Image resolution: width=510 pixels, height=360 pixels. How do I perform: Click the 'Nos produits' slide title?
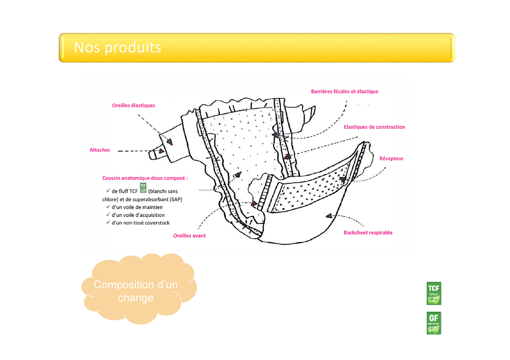pos(117,48)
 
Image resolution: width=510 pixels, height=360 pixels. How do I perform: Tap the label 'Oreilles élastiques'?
pos(133,106)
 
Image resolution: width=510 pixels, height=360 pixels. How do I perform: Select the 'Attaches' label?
pos(99,150)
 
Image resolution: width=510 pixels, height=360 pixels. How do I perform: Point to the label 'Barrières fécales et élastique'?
pos(344,92)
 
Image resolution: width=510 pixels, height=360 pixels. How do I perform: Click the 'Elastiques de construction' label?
pos(374,127)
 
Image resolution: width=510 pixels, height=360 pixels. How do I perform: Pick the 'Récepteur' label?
pos(391,159)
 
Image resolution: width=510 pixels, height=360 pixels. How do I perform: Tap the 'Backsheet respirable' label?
pos(368,233)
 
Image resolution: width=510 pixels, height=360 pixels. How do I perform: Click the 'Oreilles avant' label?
pos(189,236)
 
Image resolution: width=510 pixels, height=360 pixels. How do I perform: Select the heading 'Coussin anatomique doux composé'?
pos(145,178)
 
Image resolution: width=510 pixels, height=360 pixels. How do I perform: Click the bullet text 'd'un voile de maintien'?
pos(137,207)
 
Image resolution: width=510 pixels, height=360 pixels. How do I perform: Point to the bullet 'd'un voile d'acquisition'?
pos(138,215)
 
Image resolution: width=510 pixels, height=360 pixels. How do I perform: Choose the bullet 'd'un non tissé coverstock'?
pos(140,223)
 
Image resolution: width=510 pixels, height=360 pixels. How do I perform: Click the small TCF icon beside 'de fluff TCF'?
pos(143,188)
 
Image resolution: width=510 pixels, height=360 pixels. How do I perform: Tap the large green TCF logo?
pos(433,293)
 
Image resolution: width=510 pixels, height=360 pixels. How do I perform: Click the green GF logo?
pos(433,323)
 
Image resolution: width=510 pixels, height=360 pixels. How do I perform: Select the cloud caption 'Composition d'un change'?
pos(136,291)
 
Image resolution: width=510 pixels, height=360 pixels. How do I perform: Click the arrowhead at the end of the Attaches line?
pos(161,151)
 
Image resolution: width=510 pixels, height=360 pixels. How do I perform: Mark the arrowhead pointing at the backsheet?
pos(329,216)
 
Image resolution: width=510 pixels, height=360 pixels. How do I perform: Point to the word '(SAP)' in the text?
pos(176,199)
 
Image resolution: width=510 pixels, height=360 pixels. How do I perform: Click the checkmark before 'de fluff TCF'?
pos(108,191)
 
